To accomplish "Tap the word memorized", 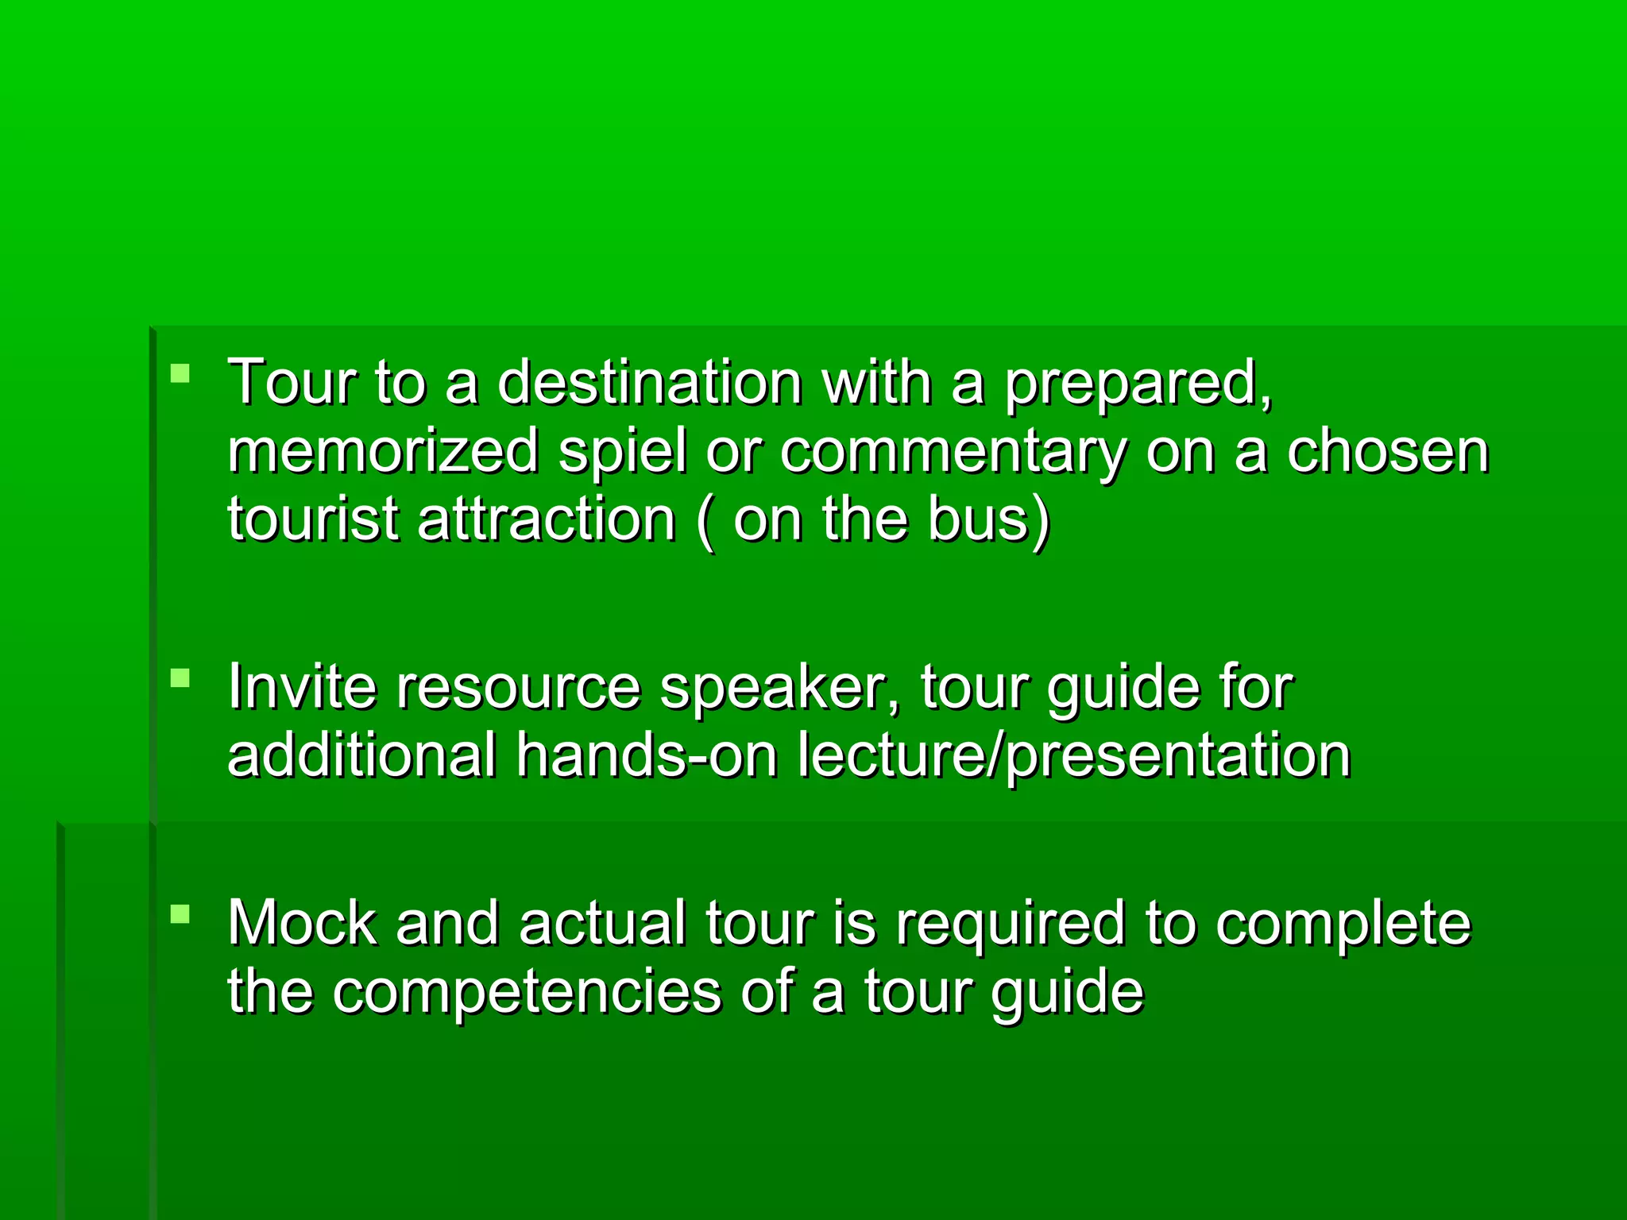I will click(383, 450).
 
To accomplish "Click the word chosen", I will click(1387, 450).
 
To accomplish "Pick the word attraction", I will click(546, 519).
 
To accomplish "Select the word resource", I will click(518, 687).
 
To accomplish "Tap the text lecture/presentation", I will click(1074, 756).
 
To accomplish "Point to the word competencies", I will click(526, 993).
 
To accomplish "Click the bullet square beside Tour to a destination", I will click(180, 373).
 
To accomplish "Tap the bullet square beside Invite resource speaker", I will click(180, 678).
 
